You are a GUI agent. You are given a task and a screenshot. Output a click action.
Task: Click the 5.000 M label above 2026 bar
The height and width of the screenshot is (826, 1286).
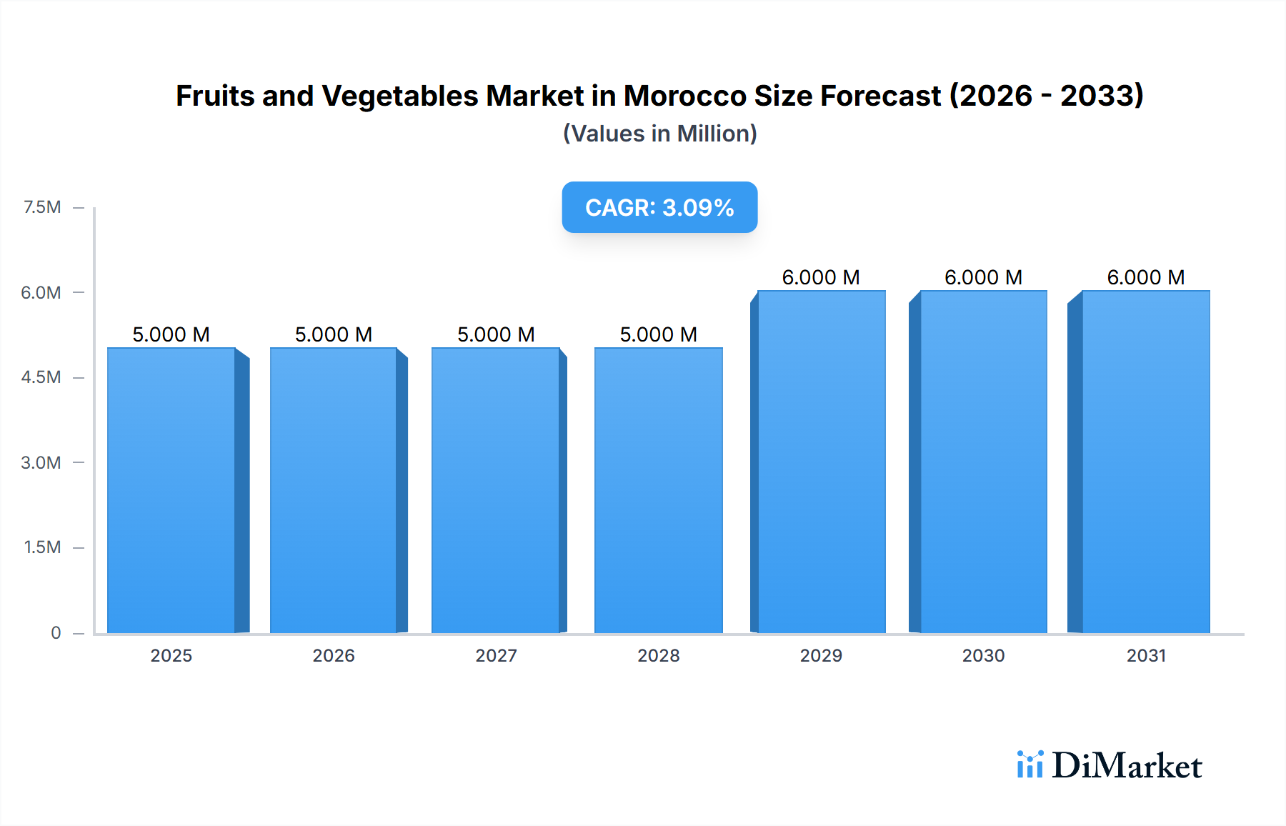coord(334,334)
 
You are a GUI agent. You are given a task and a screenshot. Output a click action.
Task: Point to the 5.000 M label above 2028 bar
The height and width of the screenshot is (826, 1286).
coord(658,334)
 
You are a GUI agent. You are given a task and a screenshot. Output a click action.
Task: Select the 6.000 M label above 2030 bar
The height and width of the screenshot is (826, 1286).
coord(983,277)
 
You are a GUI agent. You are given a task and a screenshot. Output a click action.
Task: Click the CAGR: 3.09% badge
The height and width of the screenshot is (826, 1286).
coord(659,207)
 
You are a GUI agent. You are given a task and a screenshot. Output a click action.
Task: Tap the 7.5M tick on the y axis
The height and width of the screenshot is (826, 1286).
coord(42,207)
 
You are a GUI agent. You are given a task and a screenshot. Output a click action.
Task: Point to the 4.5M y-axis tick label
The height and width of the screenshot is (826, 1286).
coord(41,377)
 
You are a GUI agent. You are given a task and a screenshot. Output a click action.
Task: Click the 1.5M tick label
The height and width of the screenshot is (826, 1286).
coord(42,547)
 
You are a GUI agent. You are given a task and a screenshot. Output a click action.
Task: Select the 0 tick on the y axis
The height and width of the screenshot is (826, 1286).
coord(56,632)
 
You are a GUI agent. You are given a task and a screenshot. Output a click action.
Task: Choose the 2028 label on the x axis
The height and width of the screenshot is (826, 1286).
coord(658,655)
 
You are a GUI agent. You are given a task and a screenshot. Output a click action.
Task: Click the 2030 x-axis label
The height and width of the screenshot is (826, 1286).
coord(983,655)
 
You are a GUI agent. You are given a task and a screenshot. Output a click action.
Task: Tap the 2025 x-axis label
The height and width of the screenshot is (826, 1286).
coord(171,655)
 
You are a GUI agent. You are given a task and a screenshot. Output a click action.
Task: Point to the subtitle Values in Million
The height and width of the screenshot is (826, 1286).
coord(659,134)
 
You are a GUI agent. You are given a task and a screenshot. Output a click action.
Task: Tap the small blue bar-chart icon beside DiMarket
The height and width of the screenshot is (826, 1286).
coord(1030,765)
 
